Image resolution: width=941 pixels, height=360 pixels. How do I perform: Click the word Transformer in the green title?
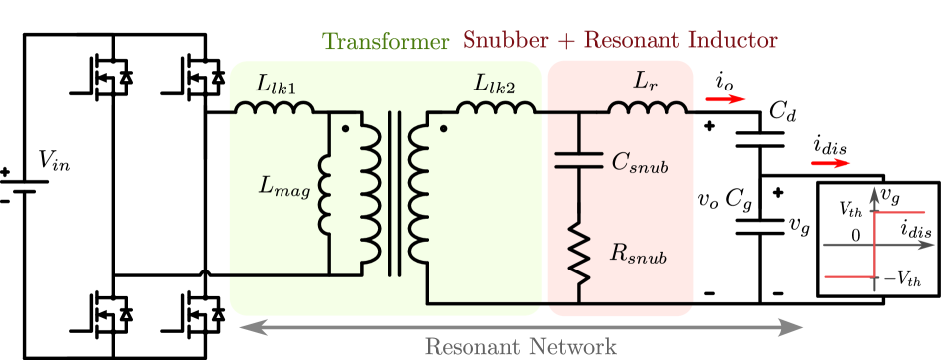point(386,42)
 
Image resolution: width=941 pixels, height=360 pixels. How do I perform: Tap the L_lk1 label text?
point(276,85)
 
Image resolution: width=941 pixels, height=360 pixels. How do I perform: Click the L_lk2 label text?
point(494,85)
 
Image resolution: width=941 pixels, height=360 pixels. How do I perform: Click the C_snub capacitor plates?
point(578,159)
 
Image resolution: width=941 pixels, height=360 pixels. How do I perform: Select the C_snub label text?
point(639,163)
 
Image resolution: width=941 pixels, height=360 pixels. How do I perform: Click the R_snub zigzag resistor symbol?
point(578,251)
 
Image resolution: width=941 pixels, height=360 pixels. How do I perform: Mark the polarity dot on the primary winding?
point(345,128)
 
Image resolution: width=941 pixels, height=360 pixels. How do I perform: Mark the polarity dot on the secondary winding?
point(444,128)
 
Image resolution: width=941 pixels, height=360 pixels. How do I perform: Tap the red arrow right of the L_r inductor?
point(725,99)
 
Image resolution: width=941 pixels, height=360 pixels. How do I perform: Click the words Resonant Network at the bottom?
point(520,346)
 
